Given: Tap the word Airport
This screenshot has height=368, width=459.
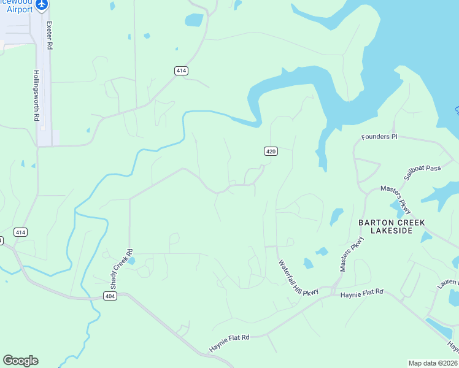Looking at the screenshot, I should [x=20, y=9].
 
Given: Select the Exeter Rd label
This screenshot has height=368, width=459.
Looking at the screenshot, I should [x=49, y=37].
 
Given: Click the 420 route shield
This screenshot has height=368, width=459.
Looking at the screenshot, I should [x=271, y=151].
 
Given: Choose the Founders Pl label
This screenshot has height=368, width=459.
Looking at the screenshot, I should [x=379, y=136].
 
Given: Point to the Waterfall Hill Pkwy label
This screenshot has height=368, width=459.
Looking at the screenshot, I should [x=298, y=278].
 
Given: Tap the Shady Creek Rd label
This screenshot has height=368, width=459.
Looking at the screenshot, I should [x=121, y=269].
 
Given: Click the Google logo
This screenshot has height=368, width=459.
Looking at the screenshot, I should [x=20, y=361].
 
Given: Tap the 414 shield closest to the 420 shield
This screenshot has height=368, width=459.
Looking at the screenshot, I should [x=180, y=71].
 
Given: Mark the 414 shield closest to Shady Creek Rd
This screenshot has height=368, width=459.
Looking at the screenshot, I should [x=21, y=232].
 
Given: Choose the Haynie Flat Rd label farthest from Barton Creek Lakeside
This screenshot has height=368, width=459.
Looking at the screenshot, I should [x=229, y=337].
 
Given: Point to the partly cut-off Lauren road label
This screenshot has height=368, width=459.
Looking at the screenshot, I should [x=448, y=283].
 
